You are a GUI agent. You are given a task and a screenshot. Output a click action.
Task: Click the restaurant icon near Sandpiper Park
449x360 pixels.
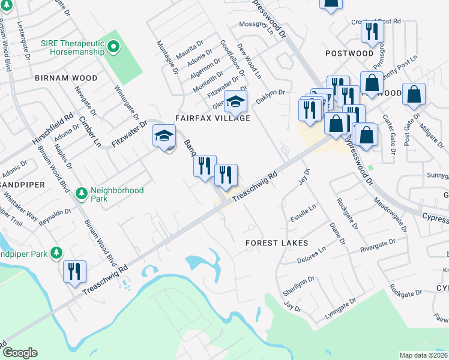click(x=75, y=271)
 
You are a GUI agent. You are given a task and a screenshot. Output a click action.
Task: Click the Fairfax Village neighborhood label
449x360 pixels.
click(x=212, y=118)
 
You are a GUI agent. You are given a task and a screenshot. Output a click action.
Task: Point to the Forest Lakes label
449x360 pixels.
click(x=277, y=243)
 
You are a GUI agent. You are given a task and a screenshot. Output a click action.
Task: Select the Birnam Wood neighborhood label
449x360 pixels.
click(x=66, y=78)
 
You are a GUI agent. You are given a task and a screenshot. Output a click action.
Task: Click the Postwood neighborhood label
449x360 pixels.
click(x=349, y=53)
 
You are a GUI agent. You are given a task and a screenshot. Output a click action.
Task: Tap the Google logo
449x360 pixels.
click(x=19, y=353)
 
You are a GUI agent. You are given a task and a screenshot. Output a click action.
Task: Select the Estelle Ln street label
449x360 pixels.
click(x=304, y=214)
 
